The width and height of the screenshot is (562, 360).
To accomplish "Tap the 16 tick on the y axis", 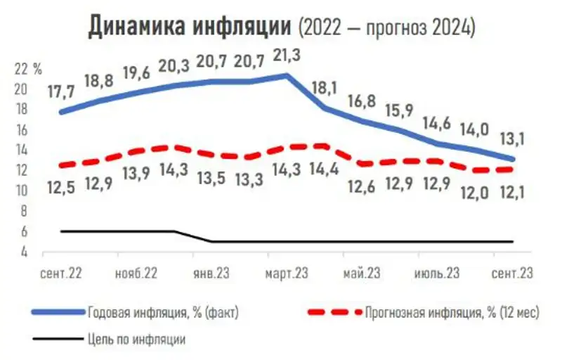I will (20, 130).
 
